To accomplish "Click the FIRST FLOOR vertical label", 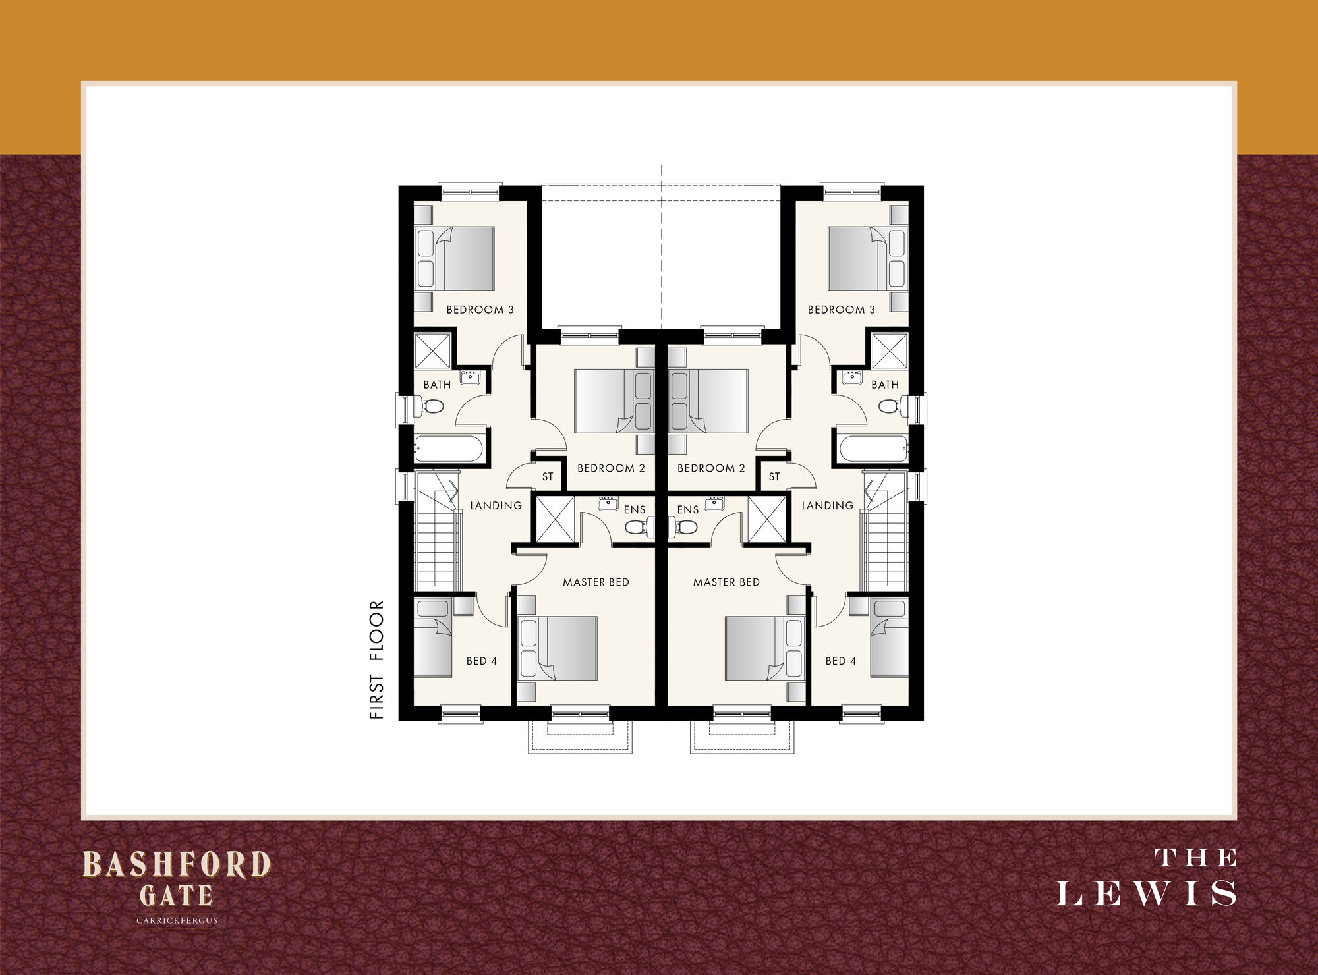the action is pos(376,659).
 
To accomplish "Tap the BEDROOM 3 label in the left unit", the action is pos(480,310).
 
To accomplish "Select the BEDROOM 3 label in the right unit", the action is pos(841,310).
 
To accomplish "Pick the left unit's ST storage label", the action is pos(548,477).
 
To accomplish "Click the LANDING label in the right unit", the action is pos(828,505).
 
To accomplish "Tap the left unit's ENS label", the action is pos(635,509).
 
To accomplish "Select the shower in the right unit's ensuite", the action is pos(767,519).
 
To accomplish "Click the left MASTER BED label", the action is pos(596,582).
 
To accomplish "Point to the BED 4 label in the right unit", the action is pos(841,661).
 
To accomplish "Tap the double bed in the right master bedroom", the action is pos(764,648).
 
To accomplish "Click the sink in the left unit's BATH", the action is pos(470,377).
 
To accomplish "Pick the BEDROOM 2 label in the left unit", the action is pos(611,468).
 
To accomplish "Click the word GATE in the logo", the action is pos(176,895).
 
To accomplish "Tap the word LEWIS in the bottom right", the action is pos(1146,893).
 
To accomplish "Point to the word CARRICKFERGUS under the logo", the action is pos(177,920).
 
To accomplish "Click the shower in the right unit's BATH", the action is pos(890,350).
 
